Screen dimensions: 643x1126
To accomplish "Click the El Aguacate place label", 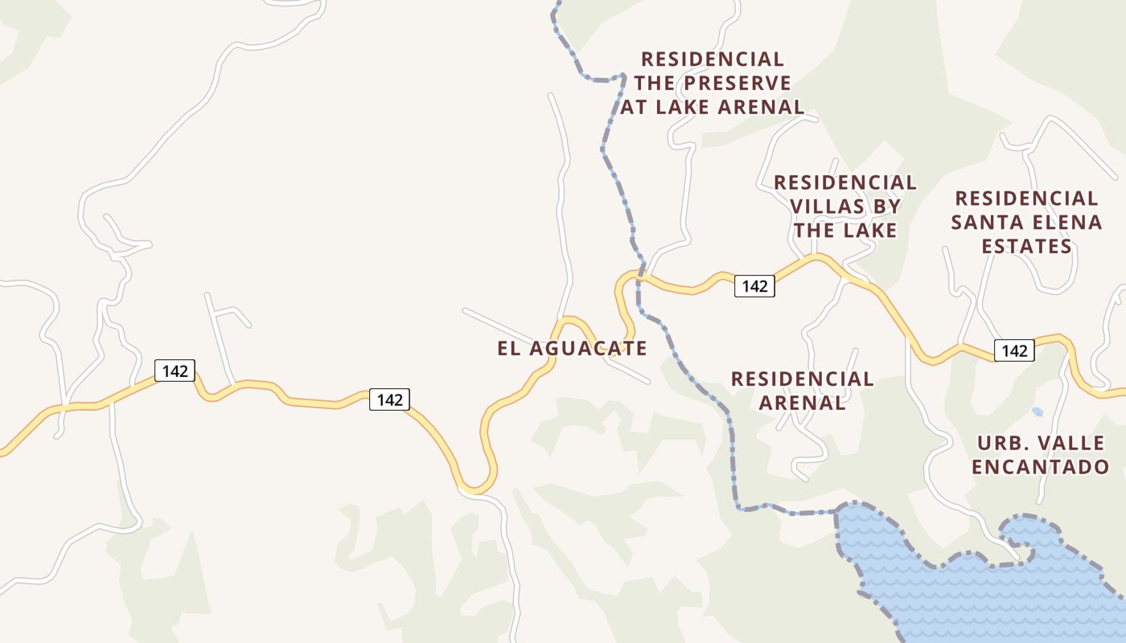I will pyautogui.click(x=572, y=348).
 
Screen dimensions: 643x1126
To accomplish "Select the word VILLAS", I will pyautogui.click(x=826, y=207).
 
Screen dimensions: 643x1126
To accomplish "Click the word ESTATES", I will pyautogui.click(x=1027, y=246).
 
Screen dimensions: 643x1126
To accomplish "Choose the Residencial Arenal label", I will pyautogui.click(x=802, y=390).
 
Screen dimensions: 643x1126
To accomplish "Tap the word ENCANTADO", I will pyautogui.click(x=1041, y=466).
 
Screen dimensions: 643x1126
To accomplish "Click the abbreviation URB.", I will pyautogui.click(x=1001, y=443).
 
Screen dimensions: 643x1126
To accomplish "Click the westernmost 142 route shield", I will pyautogui.click(x=175, y=371).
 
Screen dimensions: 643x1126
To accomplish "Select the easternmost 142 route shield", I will pyautogui.click(x=1014, y=350).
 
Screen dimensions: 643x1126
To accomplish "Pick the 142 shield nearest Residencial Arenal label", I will pyautogui.click(x=754, y=286).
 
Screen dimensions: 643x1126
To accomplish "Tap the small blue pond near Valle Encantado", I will pyautogui.click(x=1038, y=412).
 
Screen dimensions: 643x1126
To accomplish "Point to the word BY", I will pyautogui.click(x=886, y=207).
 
